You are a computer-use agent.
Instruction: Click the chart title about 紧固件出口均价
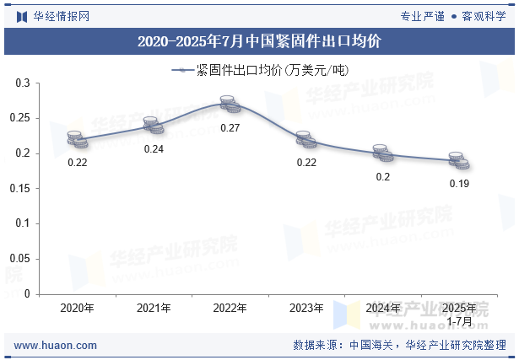pos(259,40)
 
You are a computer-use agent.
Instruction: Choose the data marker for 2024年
pos(383,153)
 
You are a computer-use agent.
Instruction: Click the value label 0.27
pos(230,128)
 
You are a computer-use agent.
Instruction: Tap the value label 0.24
pos(154,149)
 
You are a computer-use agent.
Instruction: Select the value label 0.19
pos(459,184)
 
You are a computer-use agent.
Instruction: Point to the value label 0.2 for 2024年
pos(383,177)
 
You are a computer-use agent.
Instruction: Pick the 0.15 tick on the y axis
pos(19,189)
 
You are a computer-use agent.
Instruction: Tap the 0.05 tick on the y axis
pos(19,259)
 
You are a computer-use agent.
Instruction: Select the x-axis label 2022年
pos(230,309)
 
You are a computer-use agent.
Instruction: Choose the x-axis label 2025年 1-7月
pos(459,314)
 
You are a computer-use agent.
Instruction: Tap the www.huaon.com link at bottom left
pos(56,345)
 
